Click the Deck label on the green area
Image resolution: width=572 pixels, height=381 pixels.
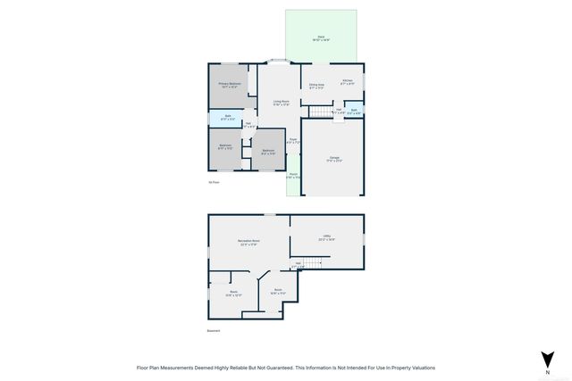pos(321,38)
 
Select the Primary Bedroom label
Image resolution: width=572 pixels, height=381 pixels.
pos(230,86)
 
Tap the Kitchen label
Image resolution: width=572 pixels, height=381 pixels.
pos(348,83)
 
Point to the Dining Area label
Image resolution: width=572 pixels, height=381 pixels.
pos(317,86)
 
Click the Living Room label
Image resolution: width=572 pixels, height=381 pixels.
pos(281,103)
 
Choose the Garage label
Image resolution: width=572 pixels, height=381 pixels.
pos(333,159)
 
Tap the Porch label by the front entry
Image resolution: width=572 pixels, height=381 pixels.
pos(292,176)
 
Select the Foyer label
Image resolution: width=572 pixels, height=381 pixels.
pos(292,140)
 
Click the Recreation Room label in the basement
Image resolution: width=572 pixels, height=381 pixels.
pos(248,242)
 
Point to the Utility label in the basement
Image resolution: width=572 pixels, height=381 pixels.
pos(326,237)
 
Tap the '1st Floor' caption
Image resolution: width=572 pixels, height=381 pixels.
pos(214,183)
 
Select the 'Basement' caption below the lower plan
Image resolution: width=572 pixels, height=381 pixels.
pos(214,331)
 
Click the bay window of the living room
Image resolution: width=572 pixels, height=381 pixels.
pos(280,62)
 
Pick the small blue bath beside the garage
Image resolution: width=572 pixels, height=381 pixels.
pos(354,112)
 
